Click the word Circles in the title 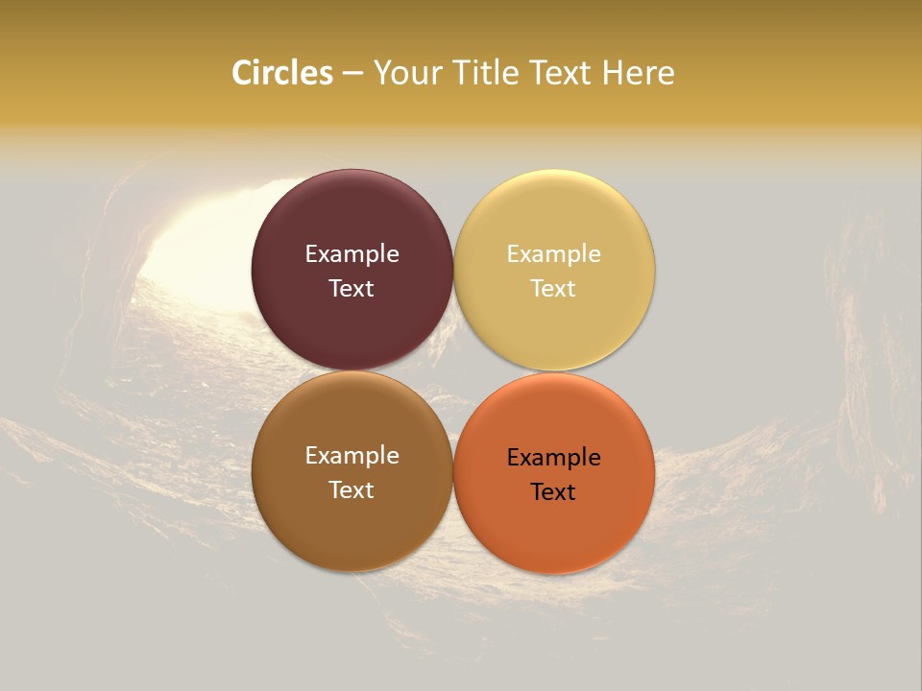tap(282, 73)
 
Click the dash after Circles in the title tap(352, 74)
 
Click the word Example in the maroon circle tap(352, 254)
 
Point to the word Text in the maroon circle tap(352, 288)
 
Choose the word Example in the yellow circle tap(554, 254)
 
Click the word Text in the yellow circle tap(554, 288)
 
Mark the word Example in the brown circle tap(352, 456)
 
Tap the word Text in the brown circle tap(352, 489)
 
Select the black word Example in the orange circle tap(554, 458)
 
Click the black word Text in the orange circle tap(554, 491)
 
